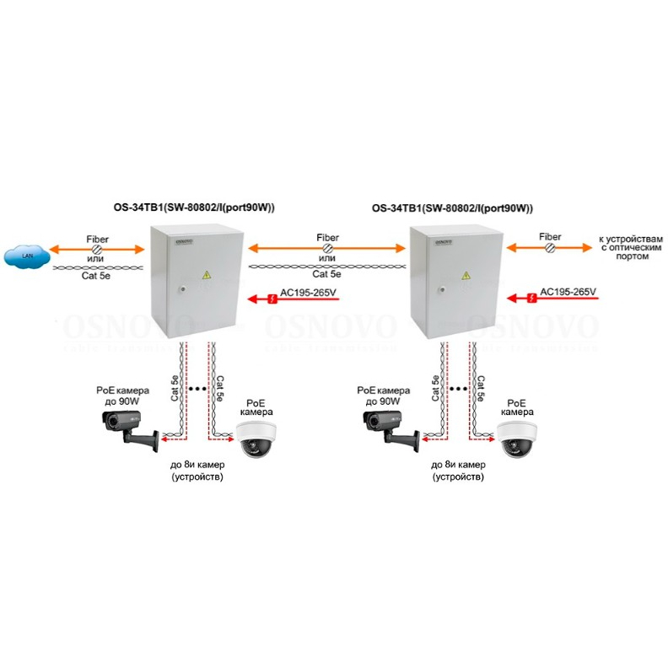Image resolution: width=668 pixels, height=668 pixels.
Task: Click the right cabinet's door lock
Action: click(439, 289)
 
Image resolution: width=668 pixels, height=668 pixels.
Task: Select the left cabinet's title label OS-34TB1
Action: click(195, 208)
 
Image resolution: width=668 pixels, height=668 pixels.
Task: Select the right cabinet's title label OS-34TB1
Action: click(453, 208)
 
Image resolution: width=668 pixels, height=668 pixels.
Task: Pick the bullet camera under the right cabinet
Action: click(387, 426)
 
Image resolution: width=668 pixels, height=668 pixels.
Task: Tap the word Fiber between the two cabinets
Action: click(327, 239)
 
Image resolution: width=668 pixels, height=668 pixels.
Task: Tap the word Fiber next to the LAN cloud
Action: click(97, 239)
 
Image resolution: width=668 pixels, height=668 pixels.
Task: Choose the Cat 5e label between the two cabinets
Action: click(327, 274)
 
